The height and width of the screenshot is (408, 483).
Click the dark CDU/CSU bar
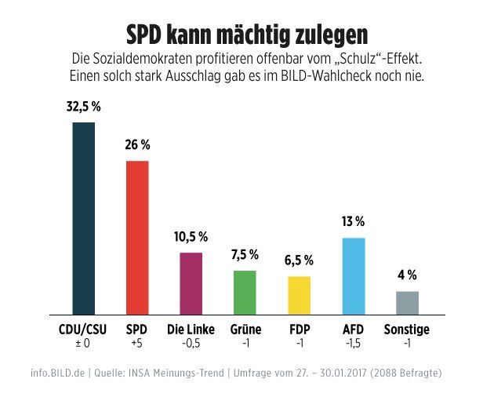click(x=83, y=218)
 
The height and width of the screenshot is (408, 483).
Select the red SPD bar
click(x=137, y=237)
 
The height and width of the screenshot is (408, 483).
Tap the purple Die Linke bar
click(x=191, y=283)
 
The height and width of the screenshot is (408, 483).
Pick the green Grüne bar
click(x=245, y=293)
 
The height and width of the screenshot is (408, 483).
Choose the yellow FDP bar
click(x=299, y=295)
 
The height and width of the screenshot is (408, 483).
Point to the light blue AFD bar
click(x=354, y=275)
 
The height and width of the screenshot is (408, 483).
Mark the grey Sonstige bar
click(x=407, y=303)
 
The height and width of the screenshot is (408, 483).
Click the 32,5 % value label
click(x=83, y=107)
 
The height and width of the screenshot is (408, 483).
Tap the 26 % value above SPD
click(x=137, y=145)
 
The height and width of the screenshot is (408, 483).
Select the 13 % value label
click(x=354, y=223)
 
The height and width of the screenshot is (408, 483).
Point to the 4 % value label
click(x=407, y=275)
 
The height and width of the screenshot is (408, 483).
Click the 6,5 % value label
click(x=299, y=260)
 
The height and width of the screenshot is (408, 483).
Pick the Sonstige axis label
click(x=407, y=330)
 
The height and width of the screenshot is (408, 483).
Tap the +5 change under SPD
click(x=137, y=344)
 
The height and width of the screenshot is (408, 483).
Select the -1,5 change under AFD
click(x=354, y=344)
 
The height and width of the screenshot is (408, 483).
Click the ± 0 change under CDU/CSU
click(x=83, y=344)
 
